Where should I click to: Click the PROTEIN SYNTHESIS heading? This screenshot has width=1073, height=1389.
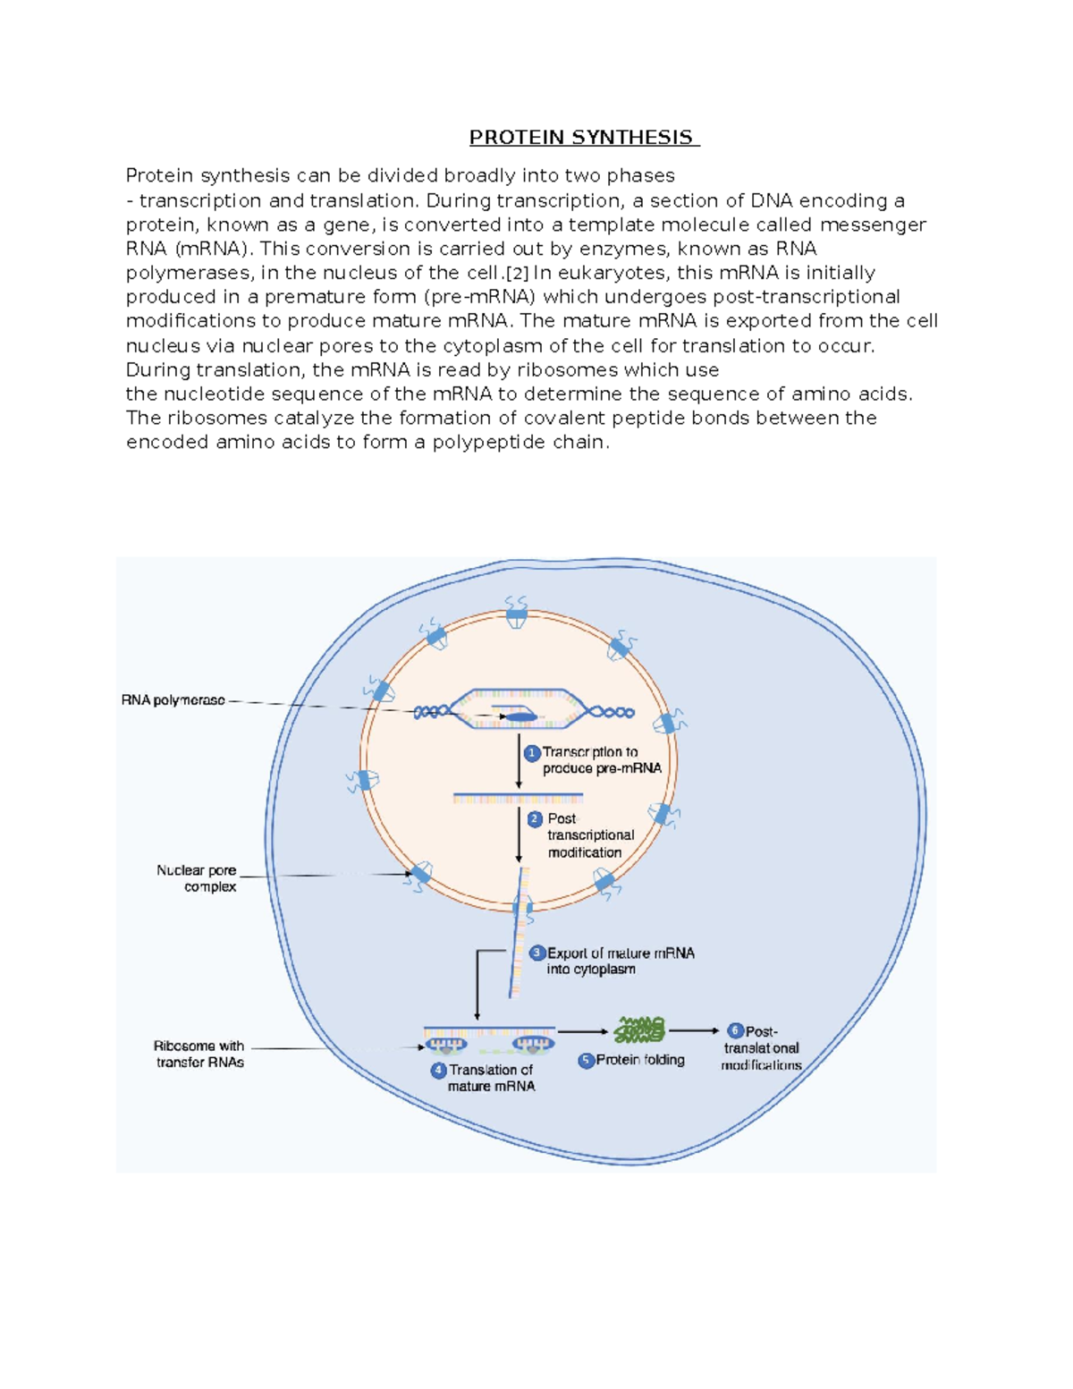582,137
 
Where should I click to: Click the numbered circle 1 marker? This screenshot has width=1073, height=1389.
532,753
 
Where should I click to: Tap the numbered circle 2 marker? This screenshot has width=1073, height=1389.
535,819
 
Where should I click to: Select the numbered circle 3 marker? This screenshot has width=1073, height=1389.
537,953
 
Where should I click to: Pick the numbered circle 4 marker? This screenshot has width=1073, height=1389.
438,1070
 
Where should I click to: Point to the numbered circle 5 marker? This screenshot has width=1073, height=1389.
587,1061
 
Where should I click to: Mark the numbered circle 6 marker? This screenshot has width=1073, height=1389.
735,1031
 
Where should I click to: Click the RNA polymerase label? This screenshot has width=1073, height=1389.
173,700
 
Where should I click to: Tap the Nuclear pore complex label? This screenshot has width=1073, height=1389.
198,878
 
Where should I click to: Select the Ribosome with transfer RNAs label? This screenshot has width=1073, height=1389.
199,1054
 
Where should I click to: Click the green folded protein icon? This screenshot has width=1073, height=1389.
639,1030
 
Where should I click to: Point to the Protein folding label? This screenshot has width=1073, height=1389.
640,1060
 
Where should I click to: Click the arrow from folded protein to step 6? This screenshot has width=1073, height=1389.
693,1031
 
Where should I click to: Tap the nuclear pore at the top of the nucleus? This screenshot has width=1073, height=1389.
516,614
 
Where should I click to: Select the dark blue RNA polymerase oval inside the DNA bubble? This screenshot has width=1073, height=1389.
518,716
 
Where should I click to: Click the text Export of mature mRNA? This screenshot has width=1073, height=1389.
621,953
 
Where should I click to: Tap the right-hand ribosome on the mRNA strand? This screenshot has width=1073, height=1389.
533,1044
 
